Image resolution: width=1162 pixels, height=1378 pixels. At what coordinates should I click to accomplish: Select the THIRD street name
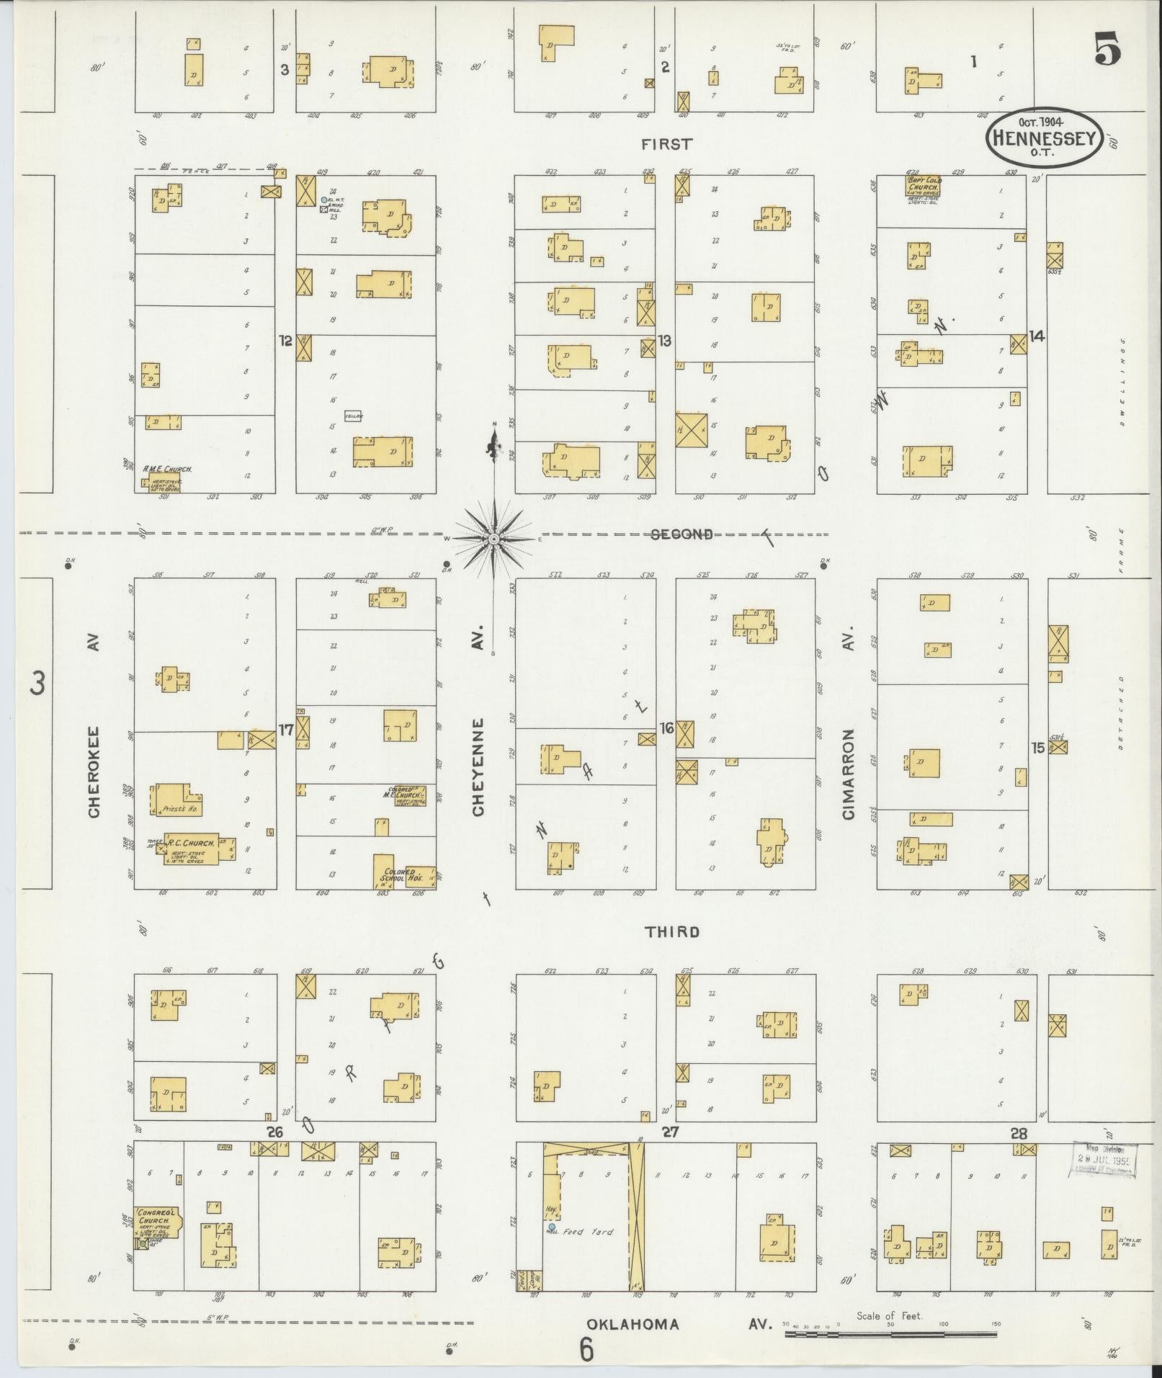click(671, 932)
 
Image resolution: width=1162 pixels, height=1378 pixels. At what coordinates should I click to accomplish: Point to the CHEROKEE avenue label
click(94, 771)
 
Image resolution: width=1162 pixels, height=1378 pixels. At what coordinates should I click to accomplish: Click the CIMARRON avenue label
click(848, 774)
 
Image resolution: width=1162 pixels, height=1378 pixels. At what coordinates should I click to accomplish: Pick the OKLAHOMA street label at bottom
click(633, 1324)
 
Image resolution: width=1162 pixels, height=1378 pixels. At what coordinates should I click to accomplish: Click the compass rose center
click(494, 539)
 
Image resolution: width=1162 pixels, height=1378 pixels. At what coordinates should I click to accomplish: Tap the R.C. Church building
click(190, 849)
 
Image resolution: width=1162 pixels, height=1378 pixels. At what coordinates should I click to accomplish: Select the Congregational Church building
click(156, 1222)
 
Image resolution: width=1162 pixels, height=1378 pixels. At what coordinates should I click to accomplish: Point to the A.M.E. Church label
click(167, 468)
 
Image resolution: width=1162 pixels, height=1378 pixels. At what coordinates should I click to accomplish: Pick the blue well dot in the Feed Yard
click(552, 1227)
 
